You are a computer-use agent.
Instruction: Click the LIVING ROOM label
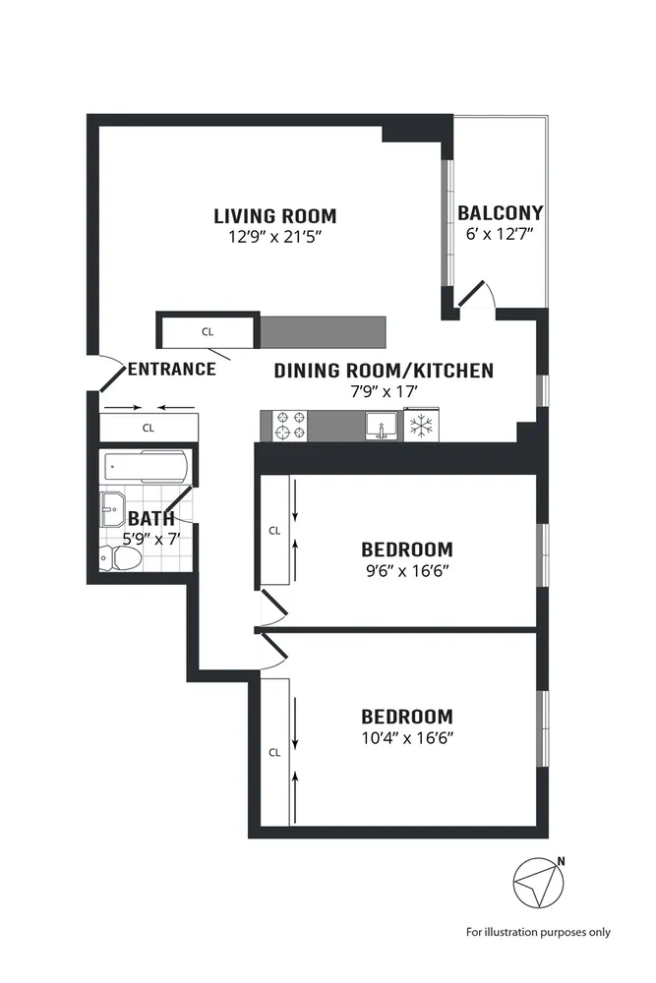(275, 216)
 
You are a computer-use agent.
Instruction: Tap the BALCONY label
(500, 213)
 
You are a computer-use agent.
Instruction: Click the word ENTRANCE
(171, 370)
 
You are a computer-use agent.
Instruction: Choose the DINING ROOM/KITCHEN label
(384, 371)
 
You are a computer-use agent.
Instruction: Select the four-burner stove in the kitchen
(292, 426)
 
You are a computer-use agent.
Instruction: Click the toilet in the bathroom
(120, 557)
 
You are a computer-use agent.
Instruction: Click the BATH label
(151, 518)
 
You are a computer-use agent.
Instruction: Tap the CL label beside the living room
(208, 332)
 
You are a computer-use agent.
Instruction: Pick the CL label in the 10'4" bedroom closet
(274, 753)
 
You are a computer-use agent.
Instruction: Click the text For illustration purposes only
(538, 932)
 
